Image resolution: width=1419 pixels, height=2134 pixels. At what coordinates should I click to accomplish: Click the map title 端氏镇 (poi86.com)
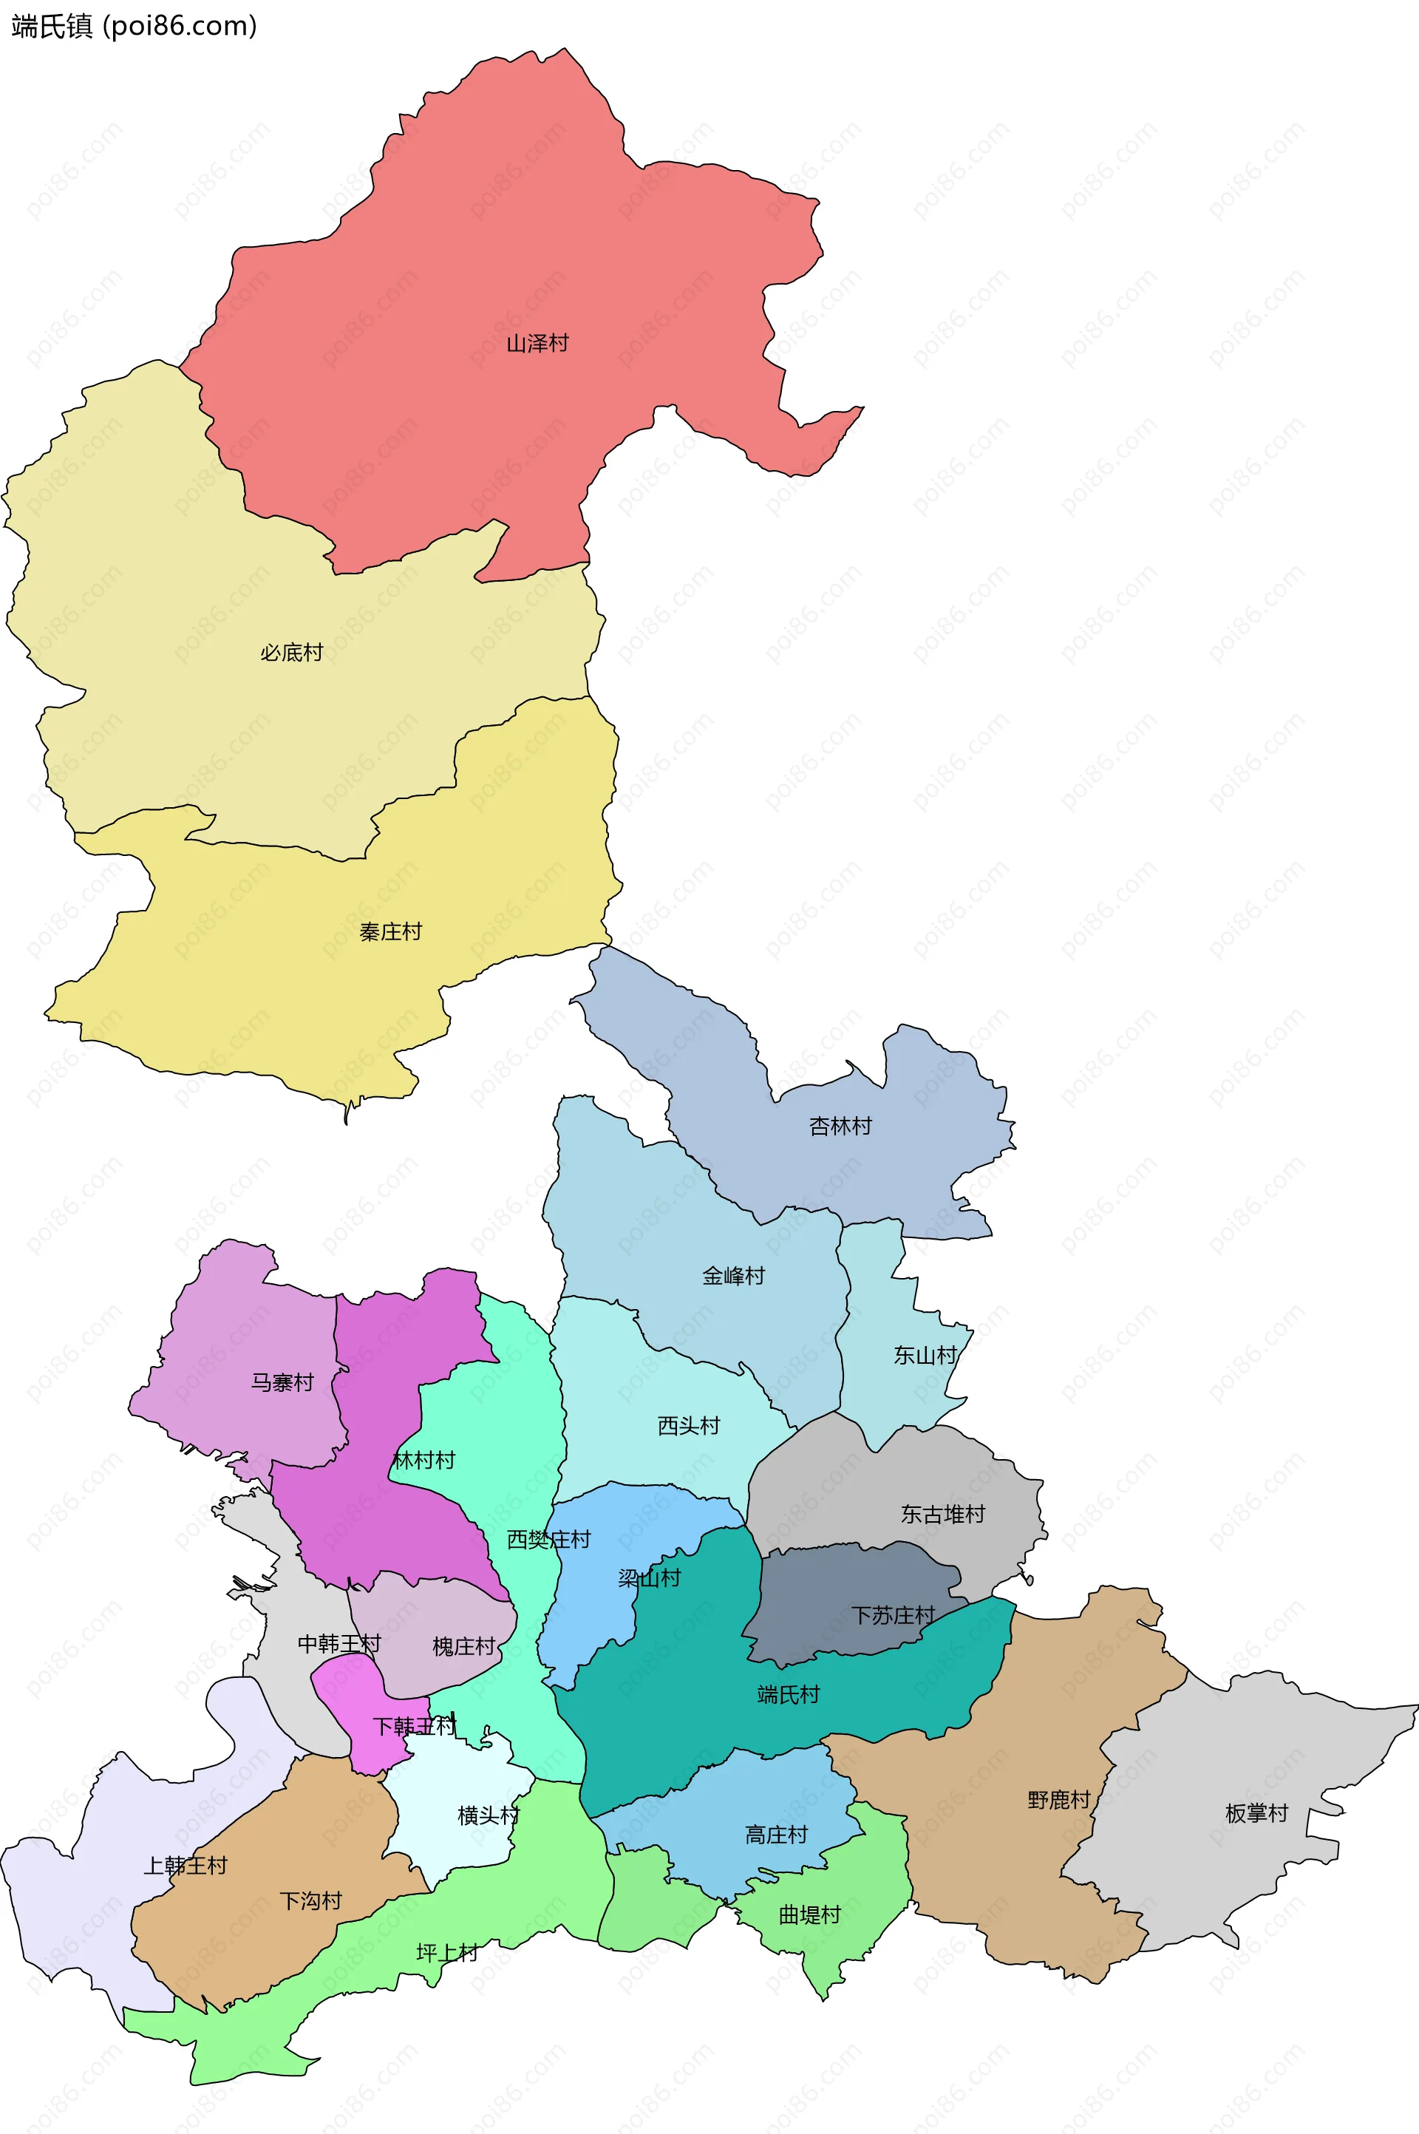(134, 27)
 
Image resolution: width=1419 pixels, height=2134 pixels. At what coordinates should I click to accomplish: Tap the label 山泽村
(537, 344)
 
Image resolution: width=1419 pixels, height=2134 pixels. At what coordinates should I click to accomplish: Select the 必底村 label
(291, 653)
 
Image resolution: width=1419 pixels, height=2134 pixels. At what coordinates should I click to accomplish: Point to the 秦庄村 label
(391, 931)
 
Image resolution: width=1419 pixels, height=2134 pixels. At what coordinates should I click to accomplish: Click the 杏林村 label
(840, 1126)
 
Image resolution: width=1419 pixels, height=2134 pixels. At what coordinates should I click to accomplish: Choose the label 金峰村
(734, 1276)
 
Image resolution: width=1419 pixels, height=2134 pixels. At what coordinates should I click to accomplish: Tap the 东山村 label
(925, 1355)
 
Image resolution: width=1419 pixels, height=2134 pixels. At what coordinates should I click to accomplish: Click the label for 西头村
(689, 1425)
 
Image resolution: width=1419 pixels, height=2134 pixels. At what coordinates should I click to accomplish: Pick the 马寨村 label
(282, 1382)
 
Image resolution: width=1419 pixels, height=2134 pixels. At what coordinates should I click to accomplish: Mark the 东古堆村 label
(942, 1514)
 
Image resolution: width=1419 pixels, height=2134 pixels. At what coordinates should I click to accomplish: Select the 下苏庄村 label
(894, 1615)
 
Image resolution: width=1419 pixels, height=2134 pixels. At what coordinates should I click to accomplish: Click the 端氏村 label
(789, 1694)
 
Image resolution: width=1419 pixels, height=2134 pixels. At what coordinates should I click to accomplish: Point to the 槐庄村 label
(463, 1646)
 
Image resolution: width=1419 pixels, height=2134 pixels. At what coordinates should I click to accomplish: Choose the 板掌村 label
(1256, 1812)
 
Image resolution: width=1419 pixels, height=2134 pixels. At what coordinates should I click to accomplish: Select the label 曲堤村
(810, 1915)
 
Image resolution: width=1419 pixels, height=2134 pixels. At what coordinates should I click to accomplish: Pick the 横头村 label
(489, 1815)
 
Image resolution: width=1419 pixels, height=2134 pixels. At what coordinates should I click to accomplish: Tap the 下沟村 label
(310, 1900)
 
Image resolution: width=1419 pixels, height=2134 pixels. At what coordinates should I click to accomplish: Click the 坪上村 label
(447, 1952)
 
